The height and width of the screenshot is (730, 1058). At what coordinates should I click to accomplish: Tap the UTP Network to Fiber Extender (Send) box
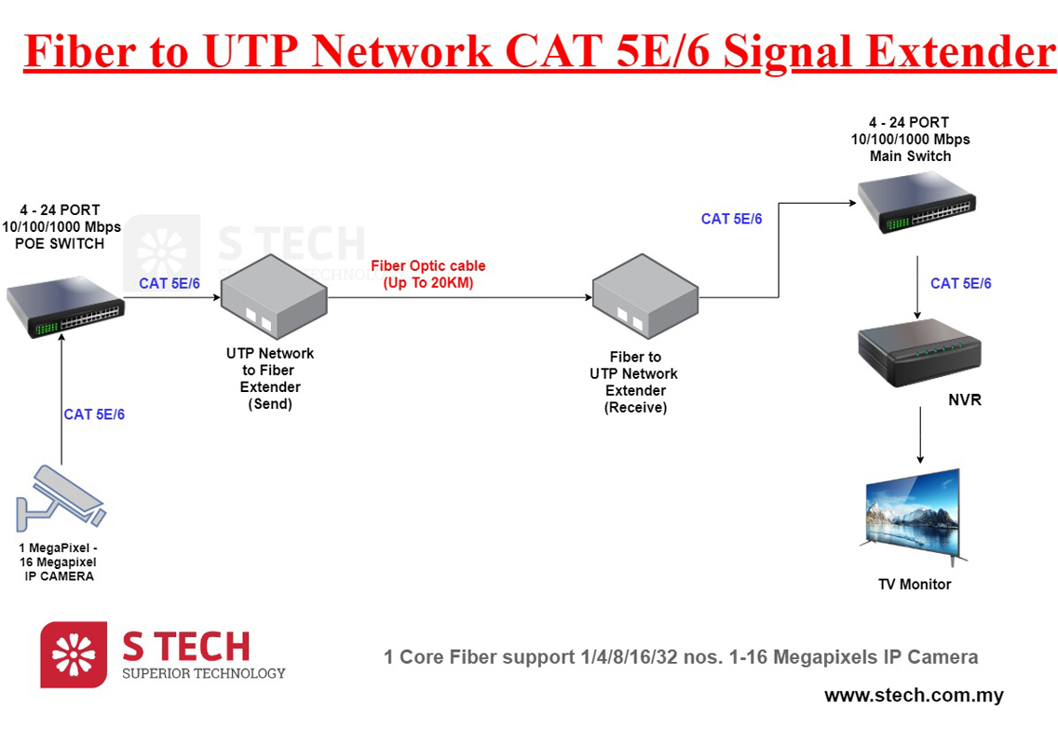point(274,298)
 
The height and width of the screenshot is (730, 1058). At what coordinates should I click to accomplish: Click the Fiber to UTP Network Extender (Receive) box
point(644,299)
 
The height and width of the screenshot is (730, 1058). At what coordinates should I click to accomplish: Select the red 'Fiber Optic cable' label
point(428,266)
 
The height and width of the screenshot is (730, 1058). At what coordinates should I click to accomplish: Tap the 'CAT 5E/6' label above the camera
point(94,414)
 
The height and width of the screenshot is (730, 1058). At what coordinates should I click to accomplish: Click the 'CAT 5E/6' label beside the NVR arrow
point(961,283)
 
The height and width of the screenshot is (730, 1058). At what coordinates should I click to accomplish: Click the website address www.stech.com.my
point(913,696)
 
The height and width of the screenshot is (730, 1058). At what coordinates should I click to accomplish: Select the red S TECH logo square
point(74,655)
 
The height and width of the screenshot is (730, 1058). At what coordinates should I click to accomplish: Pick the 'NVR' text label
point(965,400)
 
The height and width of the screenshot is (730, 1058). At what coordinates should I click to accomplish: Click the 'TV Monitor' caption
point(915,585)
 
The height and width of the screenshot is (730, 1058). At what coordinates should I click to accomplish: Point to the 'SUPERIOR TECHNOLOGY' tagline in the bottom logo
point(204,673)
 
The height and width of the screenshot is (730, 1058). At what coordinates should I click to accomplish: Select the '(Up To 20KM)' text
point(428,282)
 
